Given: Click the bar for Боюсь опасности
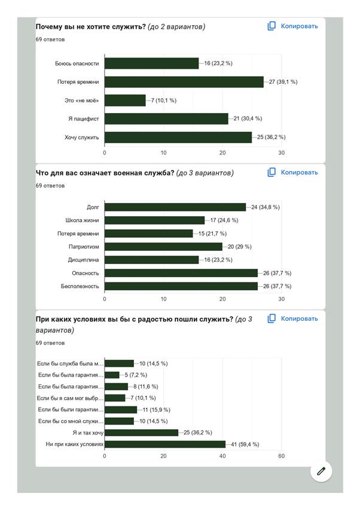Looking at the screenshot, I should tap(152, 63).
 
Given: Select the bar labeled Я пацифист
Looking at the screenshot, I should tap(166, 119).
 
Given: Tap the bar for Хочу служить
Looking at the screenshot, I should tap(178, 137).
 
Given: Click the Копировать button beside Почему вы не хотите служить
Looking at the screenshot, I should tap(293, 26).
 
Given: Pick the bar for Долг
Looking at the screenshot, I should tap(175, 207).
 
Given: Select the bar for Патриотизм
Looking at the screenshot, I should tap(163, 247).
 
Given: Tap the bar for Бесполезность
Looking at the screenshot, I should tap(181, 286).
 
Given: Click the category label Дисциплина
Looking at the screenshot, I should tap(84, 260).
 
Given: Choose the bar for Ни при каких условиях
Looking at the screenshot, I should tap(165, 444).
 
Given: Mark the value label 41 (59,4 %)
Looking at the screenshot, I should tap(248, 444).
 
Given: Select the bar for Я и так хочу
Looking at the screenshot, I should tap(141, 432).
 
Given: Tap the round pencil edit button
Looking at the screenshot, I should tap(321, 471).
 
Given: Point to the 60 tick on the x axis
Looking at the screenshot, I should tap(281, 456).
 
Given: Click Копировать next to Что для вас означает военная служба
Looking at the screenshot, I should tap(293, 172).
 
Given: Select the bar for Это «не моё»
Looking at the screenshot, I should tap(125, 101).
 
